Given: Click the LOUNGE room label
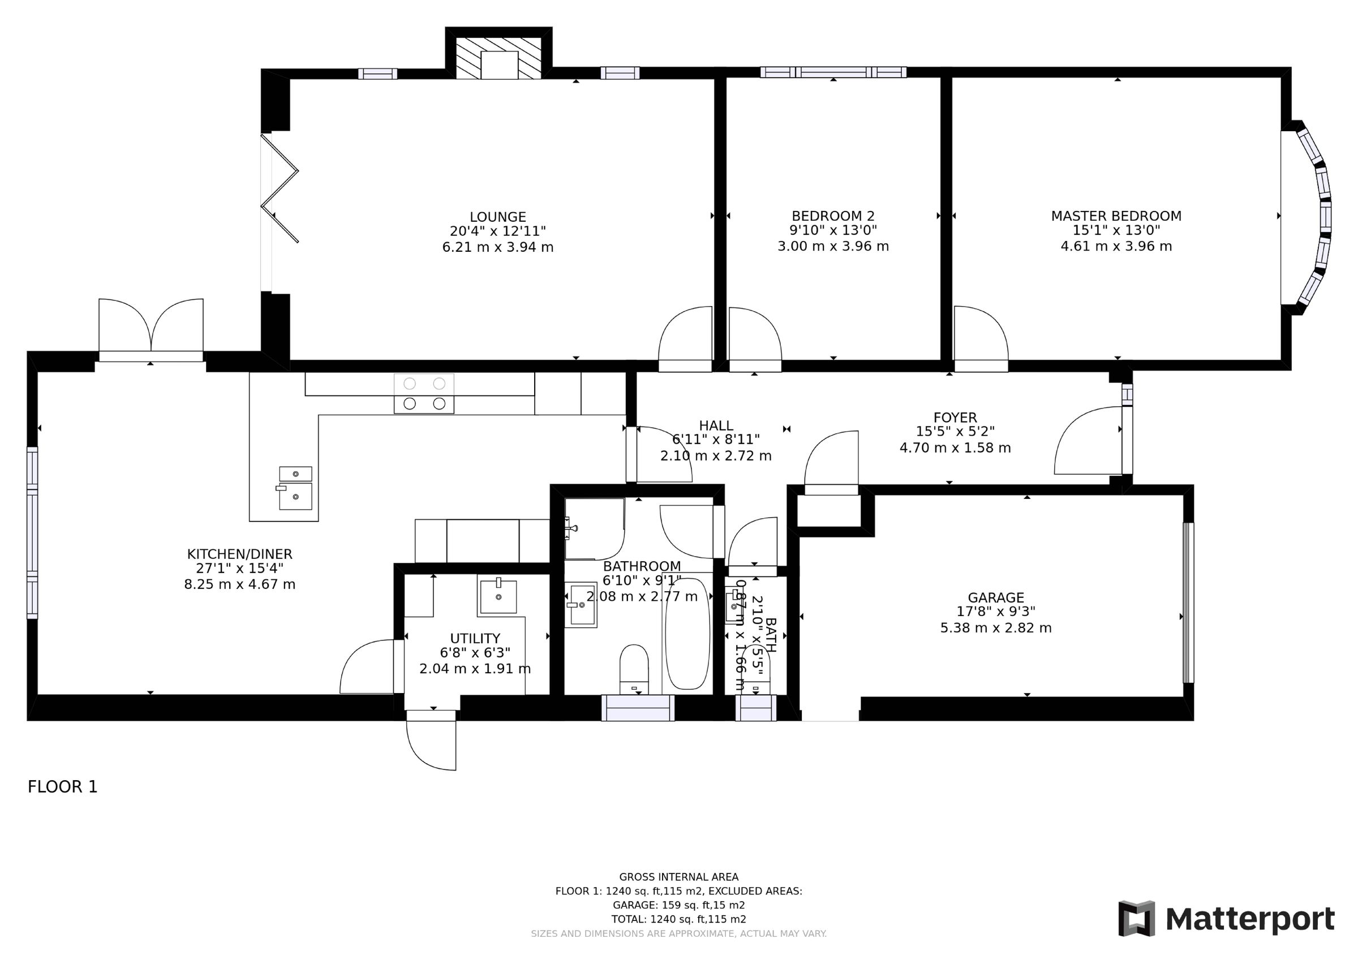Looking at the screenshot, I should [497, 217].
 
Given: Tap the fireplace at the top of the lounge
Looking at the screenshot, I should [498, 58].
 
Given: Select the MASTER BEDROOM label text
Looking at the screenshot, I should [1115, 216].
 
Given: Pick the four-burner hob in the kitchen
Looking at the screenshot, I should [423, 393].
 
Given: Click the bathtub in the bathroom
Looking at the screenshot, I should [687, 633].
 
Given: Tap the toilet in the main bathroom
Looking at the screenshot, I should [634, 669].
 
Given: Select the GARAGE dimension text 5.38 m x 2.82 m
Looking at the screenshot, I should [995, 627].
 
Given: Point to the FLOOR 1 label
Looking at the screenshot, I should [62, 787].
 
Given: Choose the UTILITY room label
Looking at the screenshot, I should [475, 638].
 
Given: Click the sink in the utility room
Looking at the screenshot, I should [497, 597].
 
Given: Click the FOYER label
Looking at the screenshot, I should [955, 417].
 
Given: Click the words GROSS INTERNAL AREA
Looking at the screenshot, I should [678, 877].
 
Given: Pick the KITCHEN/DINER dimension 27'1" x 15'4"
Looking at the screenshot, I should [239, 569].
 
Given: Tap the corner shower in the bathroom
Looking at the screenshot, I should [593, 528].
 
